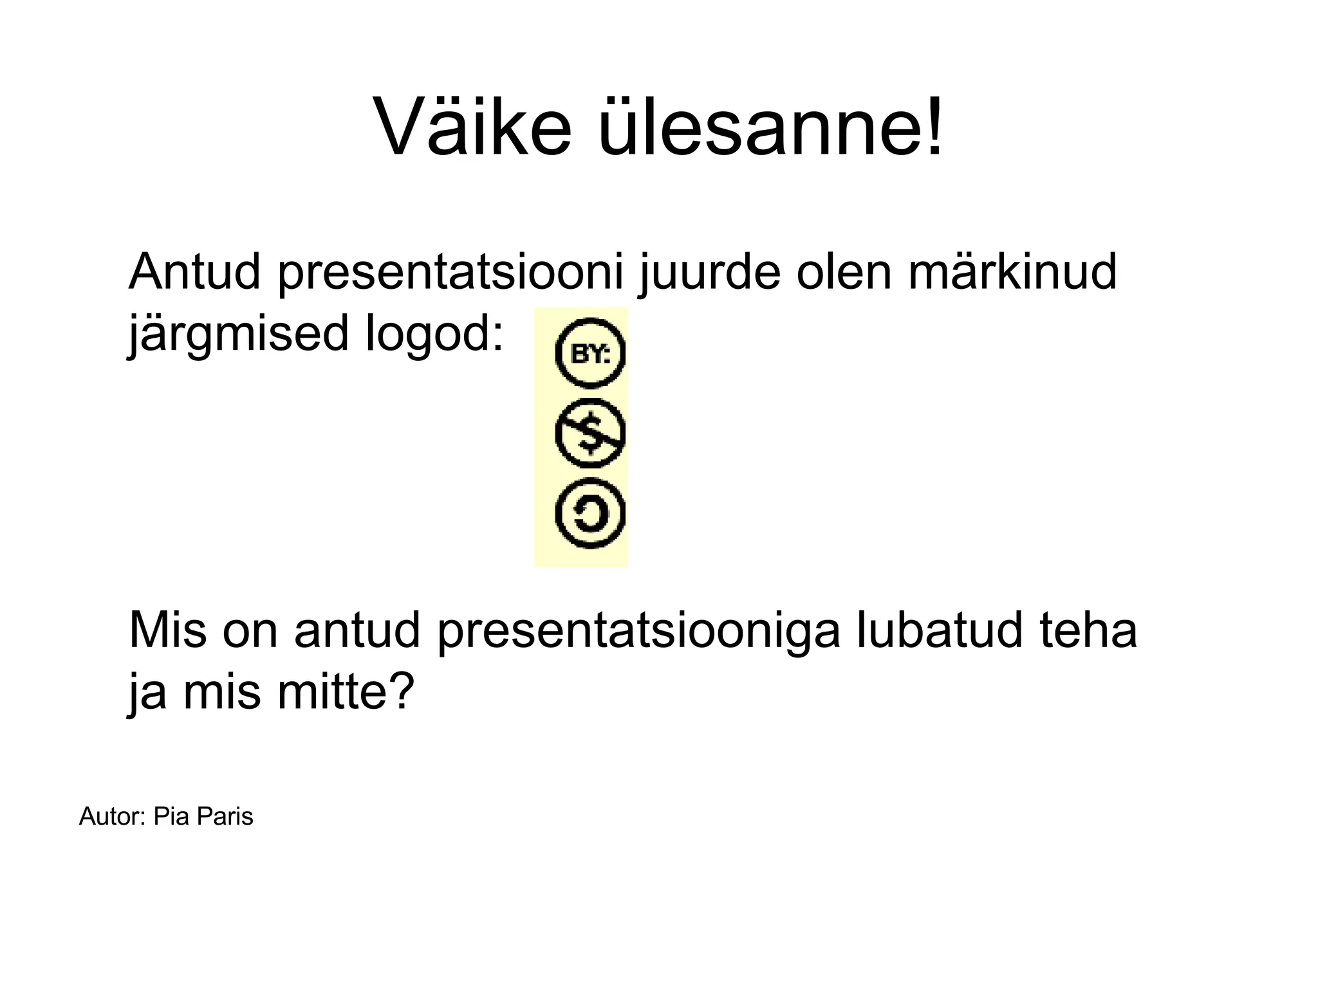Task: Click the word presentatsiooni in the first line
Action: click(x=451, y=273)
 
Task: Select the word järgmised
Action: click(x=238, y=334)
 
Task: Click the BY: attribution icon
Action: click(x=589, y=353)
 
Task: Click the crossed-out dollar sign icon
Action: click(x=589, y=433)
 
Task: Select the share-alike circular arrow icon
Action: click(x=589, y=514)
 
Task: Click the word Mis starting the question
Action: click(x=168, y=630)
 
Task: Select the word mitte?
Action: click(x=345, y=692)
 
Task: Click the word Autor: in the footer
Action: click(x=112, y=817)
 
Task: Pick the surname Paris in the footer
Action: click(x=225, y=817)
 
